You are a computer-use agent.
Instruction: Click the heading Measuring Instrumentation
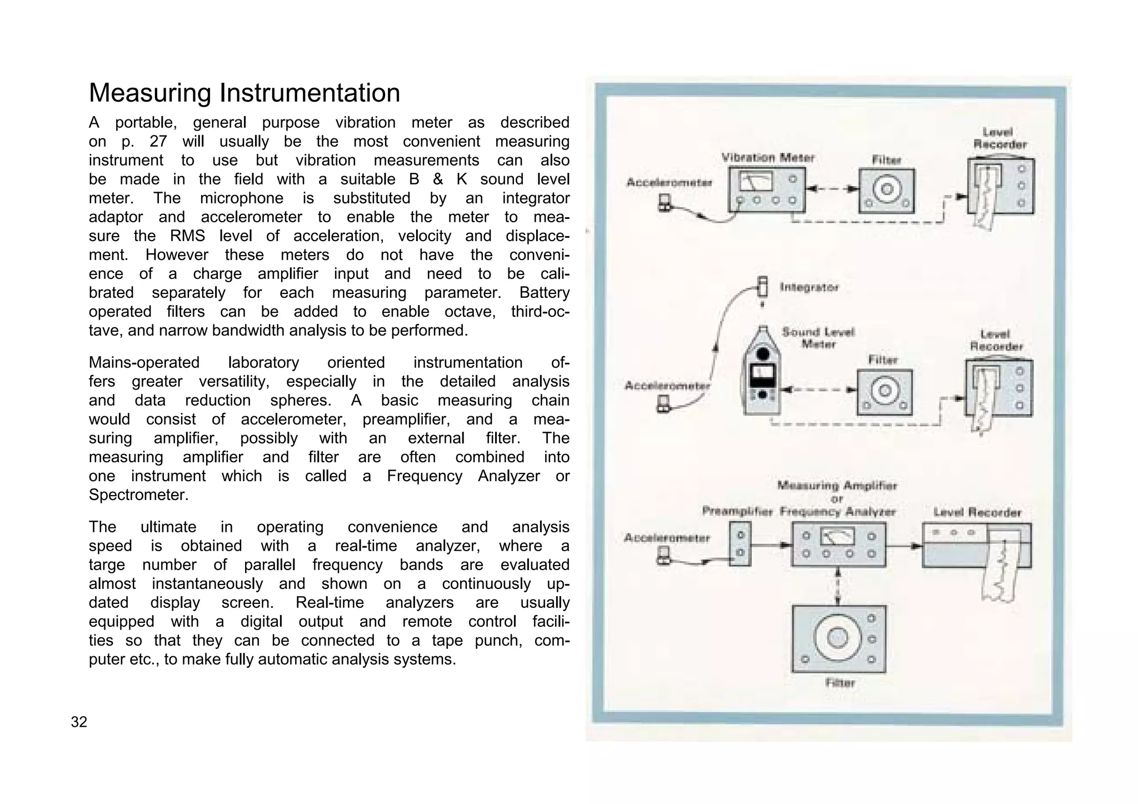244,93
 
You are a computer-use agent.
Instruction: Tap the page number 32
79,722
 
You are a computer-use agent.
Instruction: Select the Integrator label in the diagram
808,287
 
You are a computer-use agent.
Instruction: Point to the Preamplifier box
740,545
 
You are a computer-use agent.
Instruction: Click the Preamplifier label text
737,511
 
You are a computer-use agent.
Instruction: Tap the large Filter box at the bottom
838,639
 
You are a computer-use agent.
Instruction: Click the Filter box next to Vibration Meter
886,190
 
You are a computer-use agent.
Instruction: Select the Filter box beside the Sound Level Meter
884,392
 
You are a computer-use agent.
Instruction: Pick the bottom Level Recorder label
977,512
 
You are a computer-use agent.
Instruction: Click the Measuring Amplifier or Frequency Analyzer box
838,545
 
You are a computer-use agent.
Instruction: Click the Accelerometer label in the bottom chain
666,537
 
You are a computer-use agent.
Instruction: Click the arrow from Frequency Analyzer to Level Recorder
904,546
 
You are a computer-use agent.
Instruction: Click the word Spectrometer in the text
138,495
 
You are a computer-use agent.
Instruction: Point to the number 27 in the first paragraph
158,141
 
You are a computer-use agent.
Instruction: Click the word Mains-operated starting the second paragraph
144,362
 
